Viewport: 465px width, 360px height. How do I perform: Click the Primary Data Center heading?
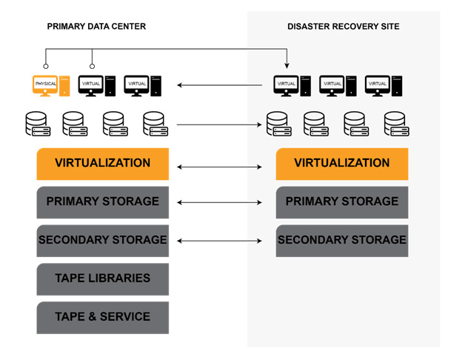[x=96, y=27]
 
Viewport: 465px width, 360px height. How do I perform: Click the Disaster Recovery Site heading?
[x=343, y=27]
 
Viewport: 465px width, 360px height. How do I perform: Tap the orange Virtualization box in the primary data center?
[x=103, y=164]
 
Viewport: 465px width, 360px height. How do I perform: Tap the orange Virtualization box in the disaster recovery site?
[x=341, y=164]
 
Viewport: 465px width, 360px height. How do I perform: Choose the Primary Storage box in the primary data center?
[x=103, y=202]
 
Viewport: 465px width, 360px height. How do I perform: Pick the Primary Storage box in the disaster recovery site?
[x=341, y=202]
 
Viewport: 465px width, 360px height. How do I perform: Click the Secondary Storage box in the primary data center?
[x=103, y=241]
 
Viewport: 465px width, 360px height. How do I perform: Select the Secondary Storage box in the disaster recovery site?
[x=341, y=241]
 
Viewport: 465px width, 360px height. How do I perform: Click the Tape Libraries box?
[x=103, y=279]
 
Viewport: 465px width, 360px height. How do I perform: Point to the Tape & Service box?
[x=103, y=318]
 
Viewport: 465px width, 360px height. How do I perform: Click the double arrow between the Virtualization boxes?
[x=220, y=167]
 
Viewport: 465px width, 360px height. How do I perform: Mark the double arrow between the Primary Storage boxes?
[x=220, y=202]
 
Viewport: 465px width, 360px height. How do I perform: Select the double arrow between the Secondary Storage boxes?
[x=220, y=241]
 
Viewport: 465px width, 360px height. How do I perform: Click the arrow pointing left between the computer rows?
[x=220, y=85]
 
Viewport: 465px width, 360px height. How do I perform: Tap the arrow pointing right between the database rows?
[x=220, y=124]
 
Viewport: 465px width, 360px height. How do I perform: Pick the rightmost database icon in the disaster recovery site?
[x=397, y=124]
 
